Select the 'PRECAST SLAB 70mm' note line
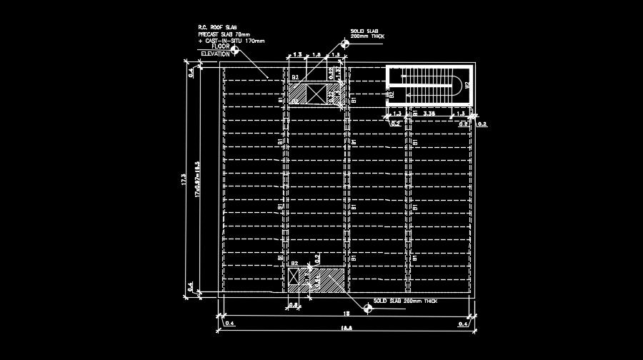click(x=224, y=34)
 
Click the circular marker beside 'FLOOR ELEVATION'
click(x=245, y=49)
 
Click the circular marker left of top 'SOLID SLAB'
click(x=344, y=43)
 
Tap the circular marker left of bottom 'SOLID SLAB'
click(x=367, y=307)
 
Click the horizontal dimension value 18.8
click(x=347, y=329)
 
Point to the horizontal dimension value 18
click(x=346, y=314)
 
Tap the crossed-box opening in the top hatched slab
click(x=316, y=94)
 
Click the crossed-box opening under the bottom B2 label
click(x=294, y=277)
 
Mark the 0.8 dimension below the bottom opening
click(x=294, y=305)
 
